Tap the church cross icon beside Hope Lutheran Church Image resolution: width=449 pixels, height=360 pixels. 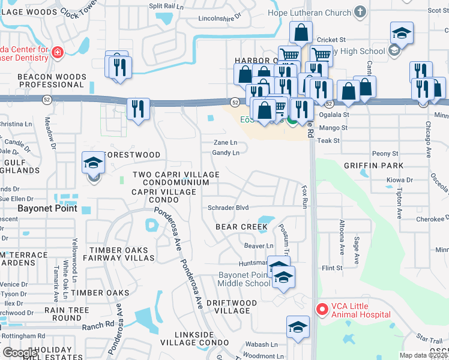click(x=360, y=11)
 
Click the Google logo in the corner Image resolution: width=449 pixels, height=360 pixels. click(x=20, y=352)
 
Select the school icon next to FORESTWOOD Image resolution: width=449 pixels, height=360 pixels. click(x=93, y=164)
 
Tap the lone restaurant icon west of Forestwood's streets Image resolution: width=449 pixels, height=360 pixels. click(x=139, y=109)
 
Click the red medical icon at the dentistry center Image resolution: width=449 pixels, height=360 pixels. click(x=58, y=53)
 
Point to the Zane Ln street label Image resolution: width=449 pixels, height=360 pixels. click(x=226, y=143)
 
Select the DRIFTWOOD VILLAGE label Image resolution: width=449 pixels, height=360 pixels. click(x=232, y=307)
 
